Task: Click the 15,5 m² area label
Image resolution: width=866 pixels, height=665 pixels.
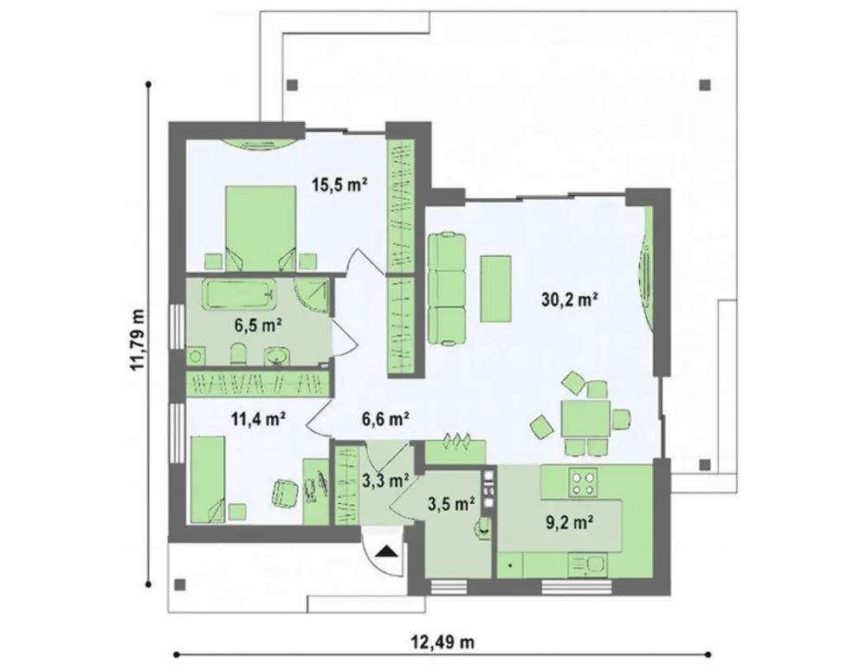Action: pos(339,184)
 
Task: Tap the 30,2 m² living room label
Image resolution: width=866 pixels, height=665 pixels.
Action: pos(571,300)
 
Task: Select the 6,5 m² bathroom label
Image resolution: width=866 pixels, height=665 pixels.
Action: pos(258,326)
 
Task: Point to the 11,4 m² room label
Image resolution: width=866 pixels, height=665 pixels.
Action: pos(257,419)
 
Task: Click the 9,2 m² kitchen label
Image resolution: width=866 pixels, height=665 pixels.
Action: pos(570,522)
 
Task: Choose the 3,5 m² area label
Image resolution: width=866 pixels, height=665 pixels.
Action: pos(452,503)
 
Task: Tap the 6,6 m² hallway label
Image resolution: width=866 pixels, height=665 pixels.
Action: pos(385,419)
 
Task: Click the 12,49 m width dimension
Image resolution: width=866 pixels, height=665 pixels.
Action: pos(442,642)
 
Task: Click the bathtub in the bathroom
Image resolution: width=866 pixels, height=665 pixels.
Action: pos(240,294)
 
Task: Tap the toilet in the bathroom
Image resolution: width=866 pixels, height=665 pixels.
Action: pos(238,354)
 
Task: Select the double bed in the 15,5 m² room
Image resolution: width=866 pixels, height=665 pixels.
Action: pos(260,228)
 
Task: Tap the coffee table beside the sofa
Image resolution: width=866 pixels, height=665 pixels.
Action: pos(496,288)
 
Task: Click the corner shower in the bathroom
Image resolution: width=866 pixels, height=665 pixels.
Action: pos(312,296)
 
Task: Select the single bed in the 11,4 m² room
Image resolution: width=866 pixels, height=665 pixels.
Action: pos(208,480)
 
